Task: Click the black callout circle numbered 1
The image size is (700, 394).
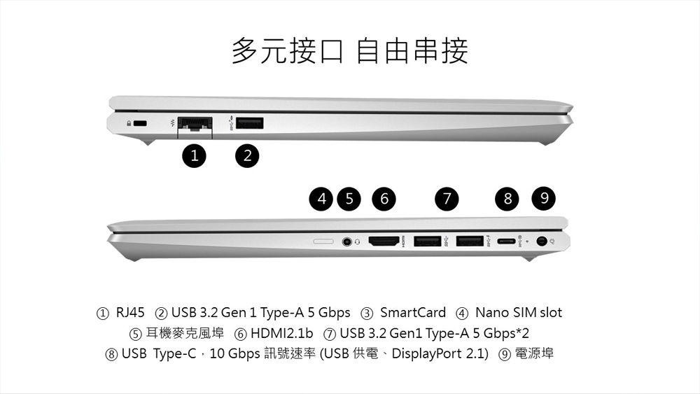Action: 194,156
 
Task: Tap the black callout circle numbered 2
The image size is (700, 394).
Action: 247,156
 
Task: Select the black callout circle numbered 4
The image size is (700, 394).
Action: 321,199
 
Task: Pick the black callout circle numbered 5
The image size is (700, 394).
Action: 349,199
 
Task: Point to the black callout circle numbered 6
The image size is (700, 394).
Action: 384,199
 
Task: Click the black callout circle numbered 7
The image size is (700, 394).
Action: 447,199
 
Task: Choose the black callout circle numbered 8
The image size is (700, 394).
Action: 507,199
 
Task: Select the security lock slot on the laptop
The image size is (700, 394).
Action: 141,123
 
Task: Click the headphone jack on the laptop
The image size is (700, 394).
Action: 347,241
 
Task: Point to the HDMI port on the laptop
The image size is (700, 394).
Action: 384,241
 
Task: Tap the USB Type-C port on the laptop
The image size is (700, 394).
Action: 506,241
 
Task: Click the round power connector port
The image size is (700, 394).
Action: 542,241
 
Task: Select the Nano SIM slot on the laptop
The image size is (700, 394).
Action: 323,241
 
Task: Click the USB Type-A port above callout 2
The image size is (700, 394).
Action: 250,123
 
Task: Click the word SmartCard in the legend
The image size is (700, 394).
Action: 413,312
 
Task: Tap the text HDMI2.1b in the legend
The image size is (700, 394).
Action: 281,333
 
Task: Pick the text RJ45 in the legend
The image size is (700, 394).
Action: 130,312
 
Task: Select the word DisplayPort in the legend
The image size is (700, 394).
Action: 427,354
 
